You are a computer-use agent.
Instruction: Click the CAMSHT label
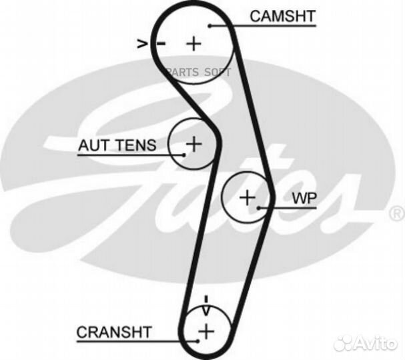pos(282,17)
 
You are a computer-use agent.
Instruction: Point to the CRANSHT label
pos(114,331)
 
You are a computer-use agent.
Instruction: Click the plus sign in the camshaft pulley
pos(193,44)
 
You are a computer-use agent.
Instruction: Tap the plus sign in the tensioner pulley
pos(193,143)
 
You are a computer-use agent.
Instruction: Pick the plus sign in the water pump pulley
pos(247,197)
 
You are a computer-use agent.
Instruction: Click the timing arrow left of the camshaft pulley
pos(142,44)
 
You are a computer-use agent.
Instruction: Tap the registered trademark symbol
pos(396,213)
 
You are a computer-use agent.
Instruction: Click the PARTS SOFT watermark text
pos(198,72)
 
